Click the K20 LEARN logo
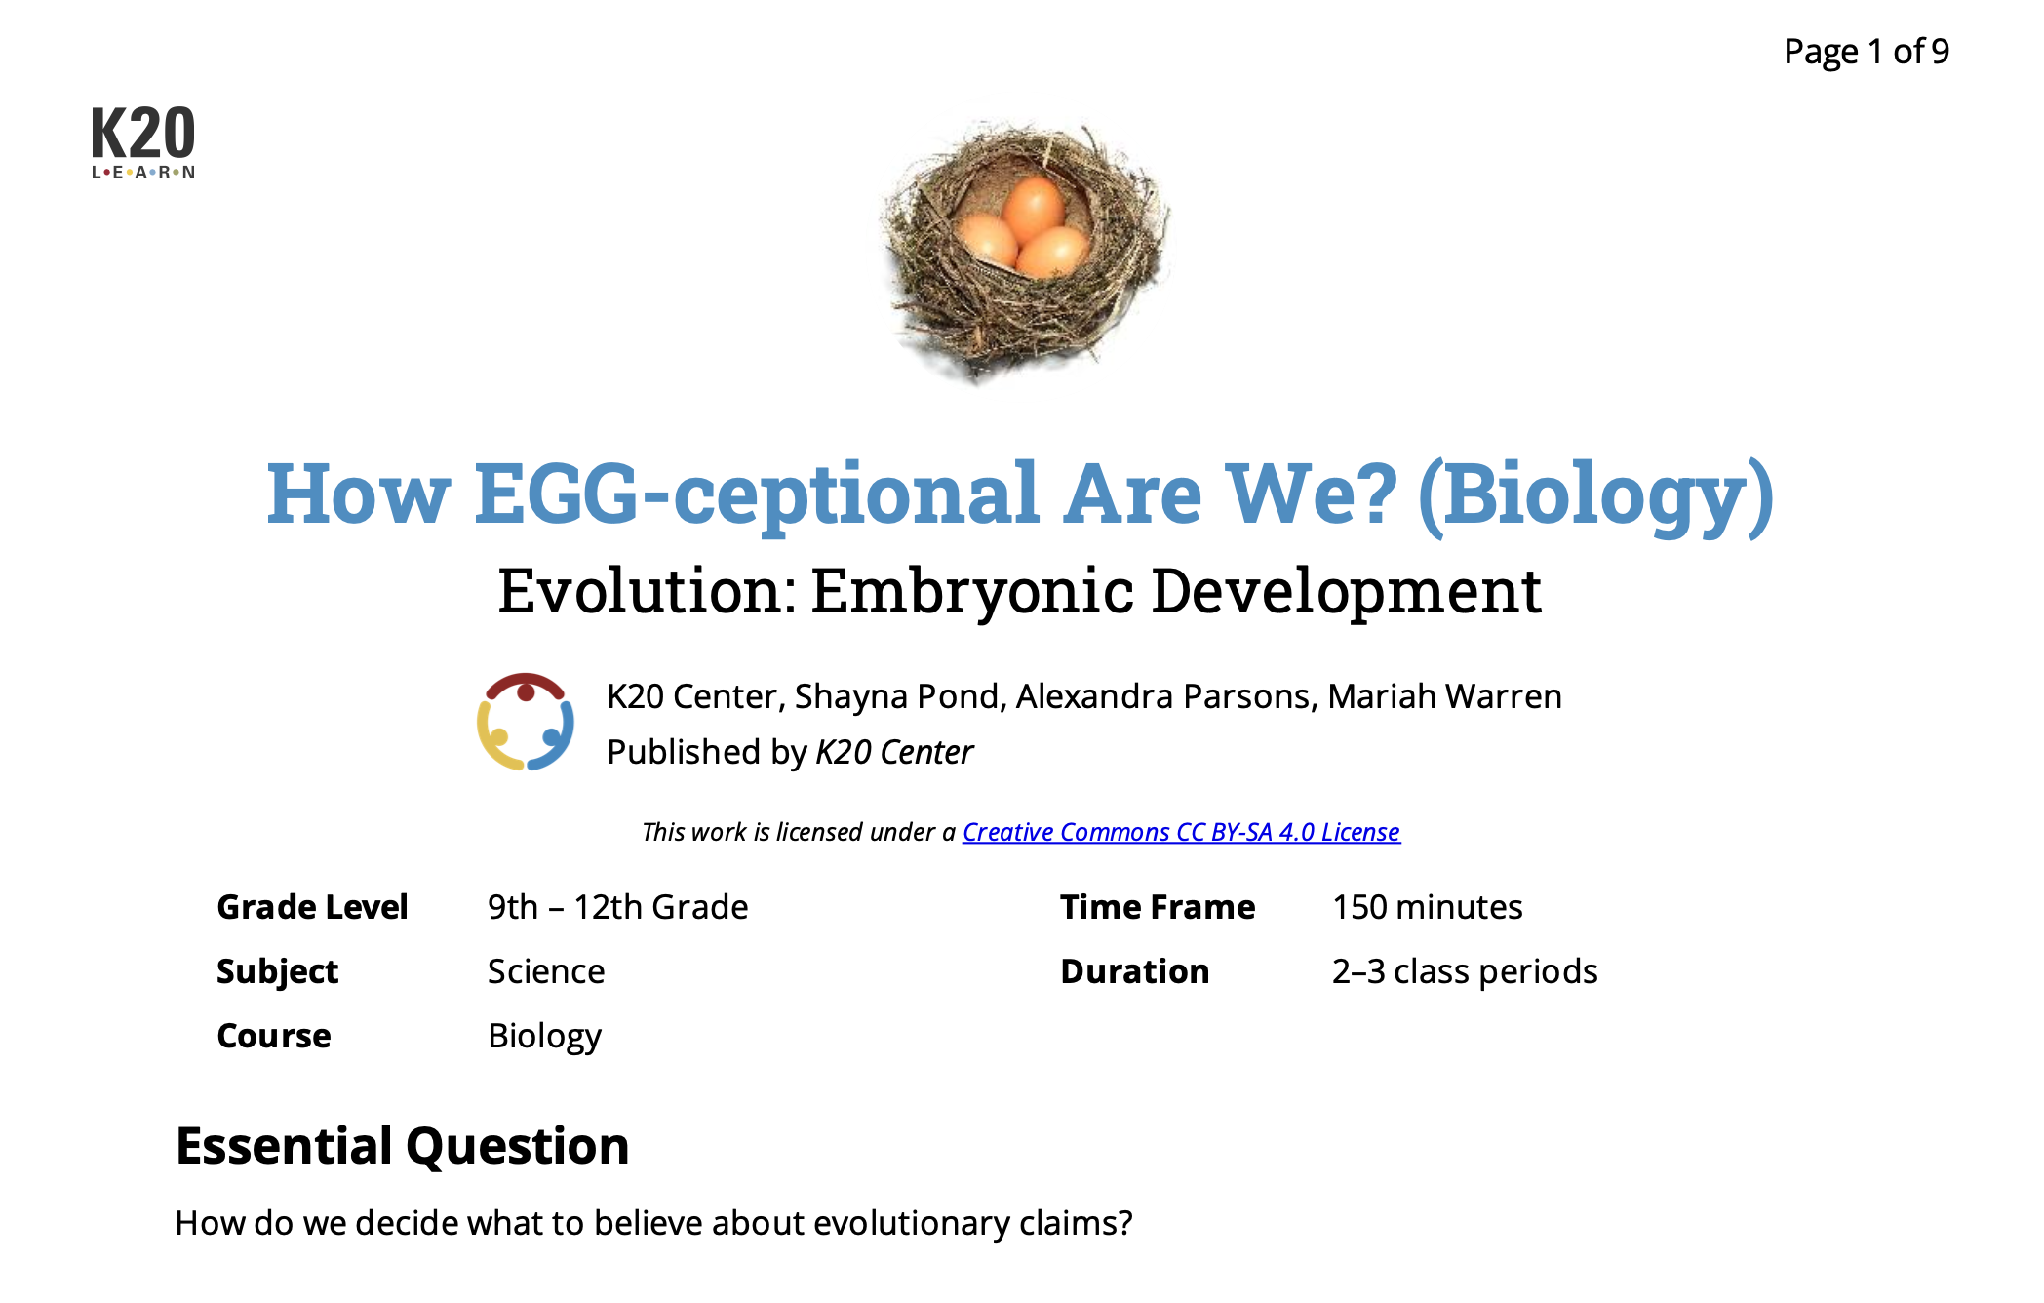tap(143, 142)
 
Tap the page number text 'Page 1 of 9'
tap(1866, 52)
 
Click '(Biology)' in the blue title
tap(1595, 494)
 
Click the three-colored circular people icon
tap(526, 722)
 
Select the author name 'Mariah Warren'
tap(1444, 696)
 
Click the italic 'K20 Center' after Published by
tap(894, 752)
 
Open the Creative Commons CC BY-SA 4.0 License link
tap(1181, 832)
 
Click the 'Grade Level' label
tap(312, 907)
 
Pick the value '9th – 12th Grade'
tap(617, 907)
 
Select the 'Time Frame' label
tap(1158, 907)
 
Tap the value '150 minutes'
tap(1427, 907)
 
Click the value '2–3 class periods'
tap(1465, 971)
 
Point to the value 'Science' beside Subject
tap(546, 971)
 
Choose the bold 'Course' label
tap(274, 1036)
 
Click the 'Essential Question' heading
tap(402, 1146)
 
